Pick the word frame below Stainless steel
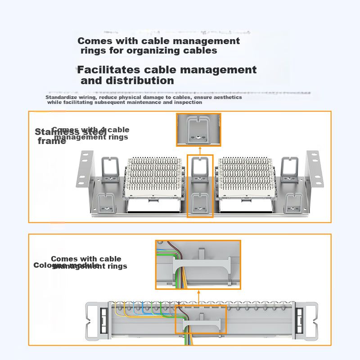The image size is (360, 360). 51,141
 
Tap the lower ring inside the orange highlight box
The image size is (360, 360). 200,202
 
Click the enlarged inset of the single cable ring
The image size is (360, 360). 198,130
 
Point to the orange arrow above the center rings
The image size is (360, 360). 200,150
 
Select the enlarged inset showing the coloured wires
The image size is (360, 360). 198,265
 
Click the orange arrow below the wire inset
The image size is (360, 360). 198,297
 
